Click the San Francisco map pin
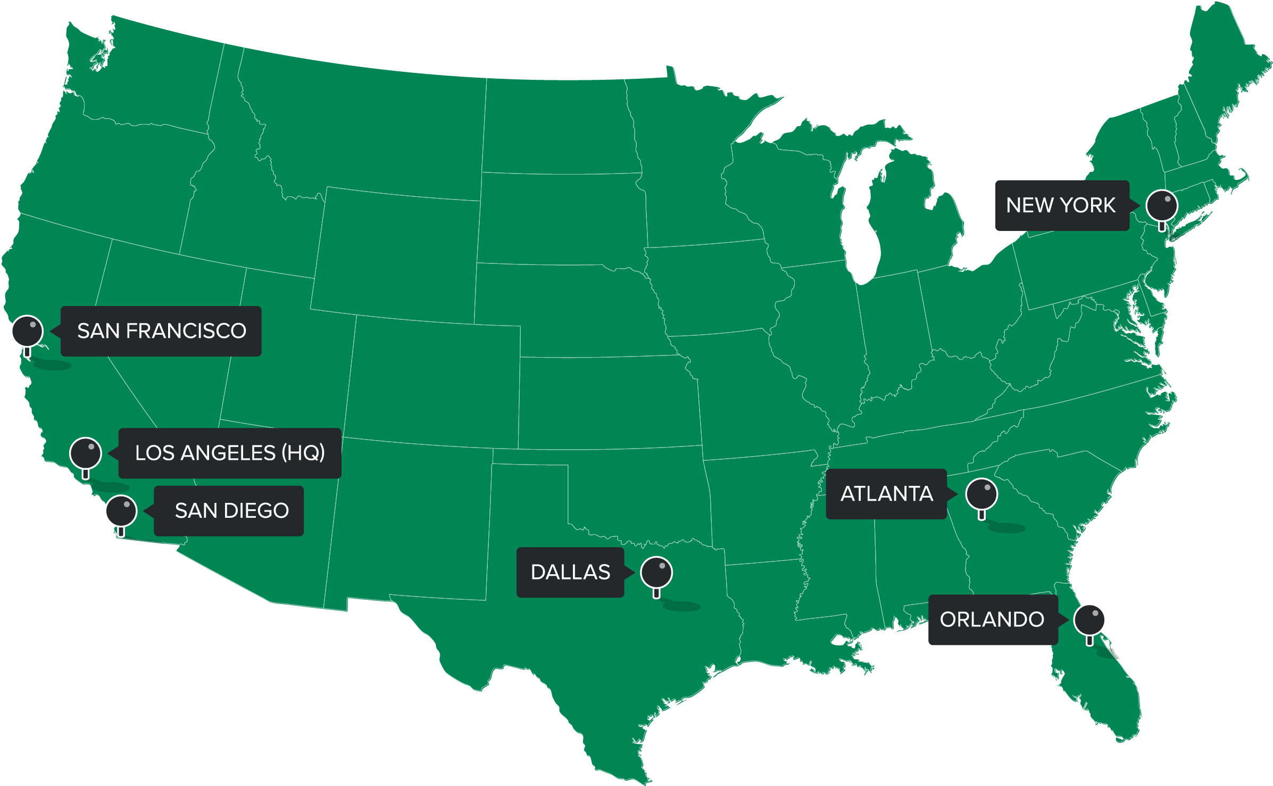(28, 331)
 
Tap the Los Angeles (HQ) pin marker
(86, 453)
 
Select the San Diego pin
(122, 511)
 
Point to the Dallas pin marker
(656, 573)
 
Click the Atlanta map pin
(981, 494)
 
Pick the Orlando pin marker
(1089, 620)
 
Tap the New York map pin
(1162, 205)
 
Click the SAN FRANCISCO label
(161, 331)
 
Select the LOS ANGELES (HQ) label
(229, 453)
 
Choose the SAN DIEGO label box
(229, 511)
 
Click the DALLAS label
(570, 573)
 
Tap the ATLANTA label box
(886, 494)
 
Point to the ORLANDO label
(993, 620)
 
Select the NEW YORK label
(1062, 205)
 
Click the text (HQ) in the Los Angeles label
(303, 453)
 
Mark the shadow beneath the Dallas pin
(682, 606)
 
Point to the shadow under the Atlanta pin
(1007, 528)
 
